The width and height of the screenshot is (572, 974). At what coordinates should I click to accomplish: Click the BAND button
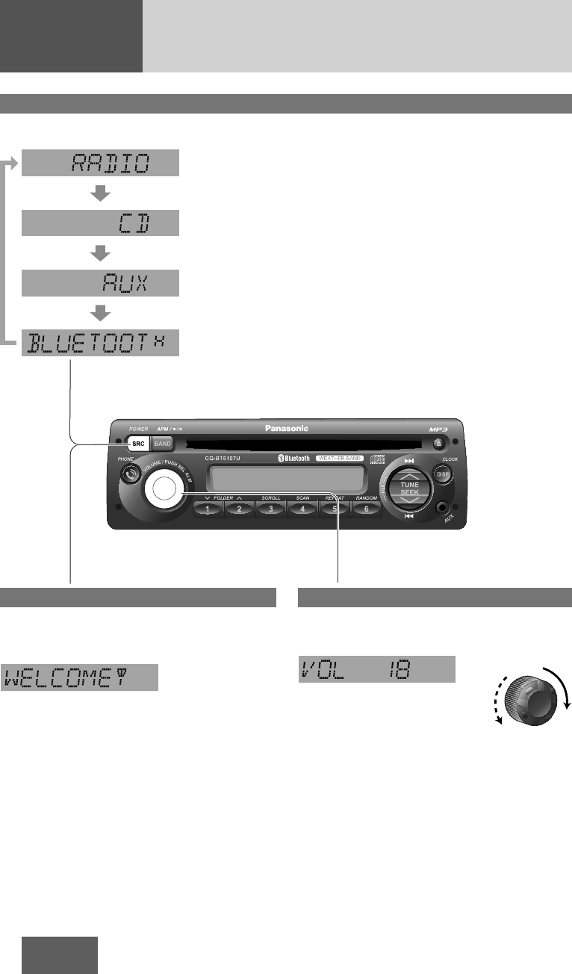point(162,444)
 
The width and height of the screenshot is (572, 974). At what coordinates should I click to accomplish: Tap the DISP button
point(442,474)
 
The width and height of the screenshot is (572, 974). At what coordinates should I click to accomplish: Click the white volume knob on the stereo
point(166,488)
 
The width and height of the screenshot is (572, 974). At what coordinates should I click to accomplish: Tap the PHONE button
point(133,474)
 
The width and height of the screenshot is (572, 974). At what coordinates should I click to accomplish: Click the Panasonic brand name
point(286,429)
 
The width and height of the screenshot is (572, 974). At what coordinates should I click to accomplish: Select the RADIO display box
point(100,162)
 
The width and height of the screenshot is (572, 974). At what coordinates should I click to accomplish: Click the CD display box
point(100,223)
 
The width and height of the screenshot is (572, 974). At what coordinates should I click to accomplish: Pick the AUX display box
point(100,283)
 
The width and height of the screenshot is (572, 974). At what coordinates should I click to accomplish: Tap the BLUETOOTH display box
point(100,344)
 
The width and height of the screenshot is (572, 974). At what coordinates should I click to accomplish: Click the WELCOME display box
point(79,676)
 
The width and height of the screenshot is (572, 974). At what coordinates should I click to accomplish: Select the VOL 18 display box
point(376,669)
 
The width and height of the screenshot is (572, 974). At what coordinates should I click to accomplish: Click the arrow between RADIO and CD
point(100,193)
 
